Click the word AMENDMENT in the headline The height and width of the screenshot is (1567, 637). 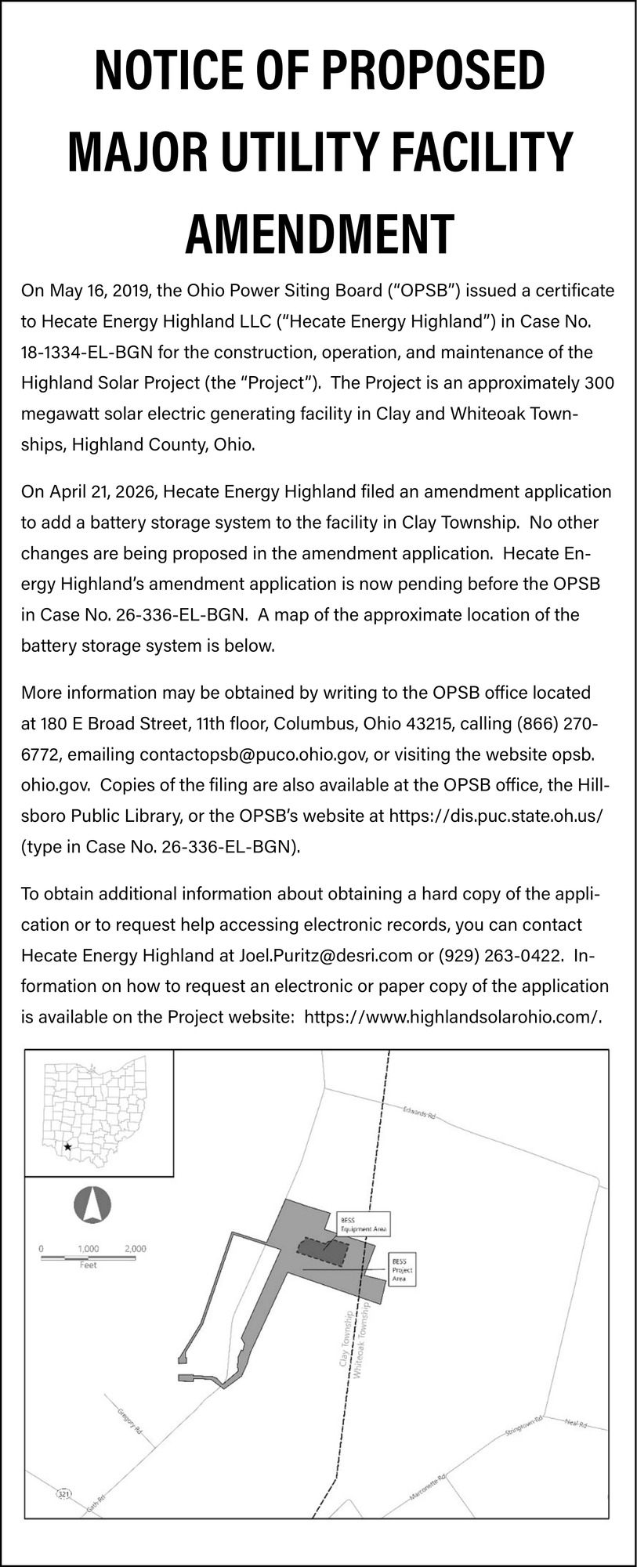tap(319, 233)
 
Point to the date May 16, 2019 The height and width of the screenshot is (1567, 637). tap(99, 291)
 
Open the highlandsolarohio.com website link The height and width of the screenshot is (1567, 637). tap(452, 1017)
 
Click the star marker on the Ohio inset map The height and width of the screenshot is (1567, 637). tap(68, 1147)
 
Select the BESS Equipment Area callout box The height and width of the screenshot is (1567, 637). tap(363, 1225)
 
